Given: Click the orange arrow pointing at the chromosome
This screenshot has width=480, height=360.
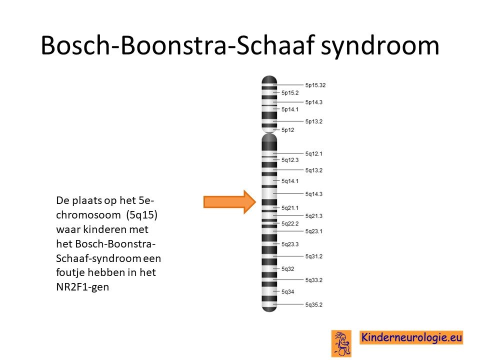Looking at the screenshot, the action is point(229,201).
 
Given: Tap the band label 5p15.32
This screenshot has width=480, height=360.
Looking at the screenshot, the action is point(315,85).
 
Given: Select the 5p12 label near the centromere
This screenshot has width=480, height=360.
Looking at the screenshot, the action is point(288,130).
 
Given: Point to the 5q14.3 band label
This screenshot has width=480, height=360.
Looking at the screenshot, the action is point(314,194).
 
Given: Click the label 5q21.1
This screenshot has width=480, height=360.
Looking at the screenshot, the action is point(290,208).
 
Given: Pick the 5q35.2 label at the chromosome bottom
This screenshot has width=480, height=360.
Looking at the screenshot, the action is point(314,304).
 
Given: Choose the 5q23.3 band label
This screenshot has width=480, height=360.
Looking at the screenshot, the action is point(290,244).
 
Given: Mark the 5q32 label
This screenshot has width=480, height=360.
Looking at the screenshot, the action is point(288,269).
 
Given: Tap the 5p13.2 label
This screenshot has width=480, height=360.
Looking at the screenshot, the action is point(314,121).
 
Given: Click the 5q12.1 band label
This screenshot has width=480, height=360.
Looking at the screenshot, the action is point(314,153).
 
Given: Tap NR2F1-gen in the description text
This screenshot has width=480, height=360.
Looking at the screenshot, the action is point(82,287).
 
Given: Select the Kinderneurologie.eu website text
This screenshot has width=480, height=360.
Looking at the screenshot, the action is point(411,337).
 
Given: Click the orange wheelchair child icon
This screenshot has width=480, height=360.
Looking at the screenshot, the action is point(341,343).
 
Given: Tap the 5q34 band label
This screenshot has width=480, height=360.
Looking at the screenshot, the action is point(288,291).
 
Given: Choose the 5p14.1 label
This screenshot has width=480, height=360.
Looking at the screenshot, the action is point(290,109).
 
